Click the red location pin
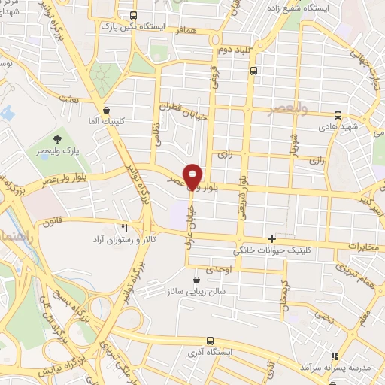pos(192,175)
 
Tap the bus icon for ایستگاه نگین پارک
pos(134,15)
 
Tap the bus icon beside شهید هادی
pos(338,116)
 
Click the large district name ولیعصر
pos(289,110)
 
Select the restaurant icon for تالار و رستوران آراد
pos(125,226)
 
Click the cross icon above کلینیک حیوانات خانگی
pos(271,238)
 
